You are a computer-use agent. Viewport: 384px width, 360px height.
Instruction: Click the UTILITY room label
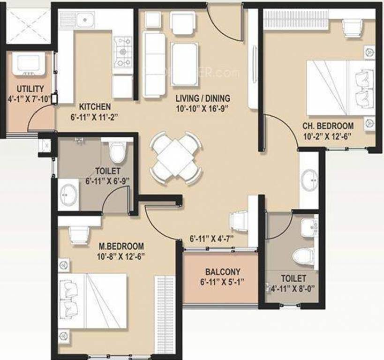click(30, 88)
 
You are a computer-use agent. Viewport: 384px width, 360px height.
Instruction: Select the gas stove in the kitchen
click(124, 52)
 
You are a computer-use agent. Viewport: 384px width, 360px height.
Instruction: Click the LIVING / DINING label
click(203, 98)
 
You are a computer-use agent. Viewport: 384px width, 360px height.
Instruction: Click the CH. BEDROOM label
click(328, 126)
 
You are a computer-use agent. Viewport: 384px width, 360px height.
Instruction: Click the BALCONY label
click(223, 271)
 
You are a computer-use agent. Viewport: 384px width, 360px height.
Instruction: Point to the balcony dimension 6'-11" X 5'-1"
click(223, 282)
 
